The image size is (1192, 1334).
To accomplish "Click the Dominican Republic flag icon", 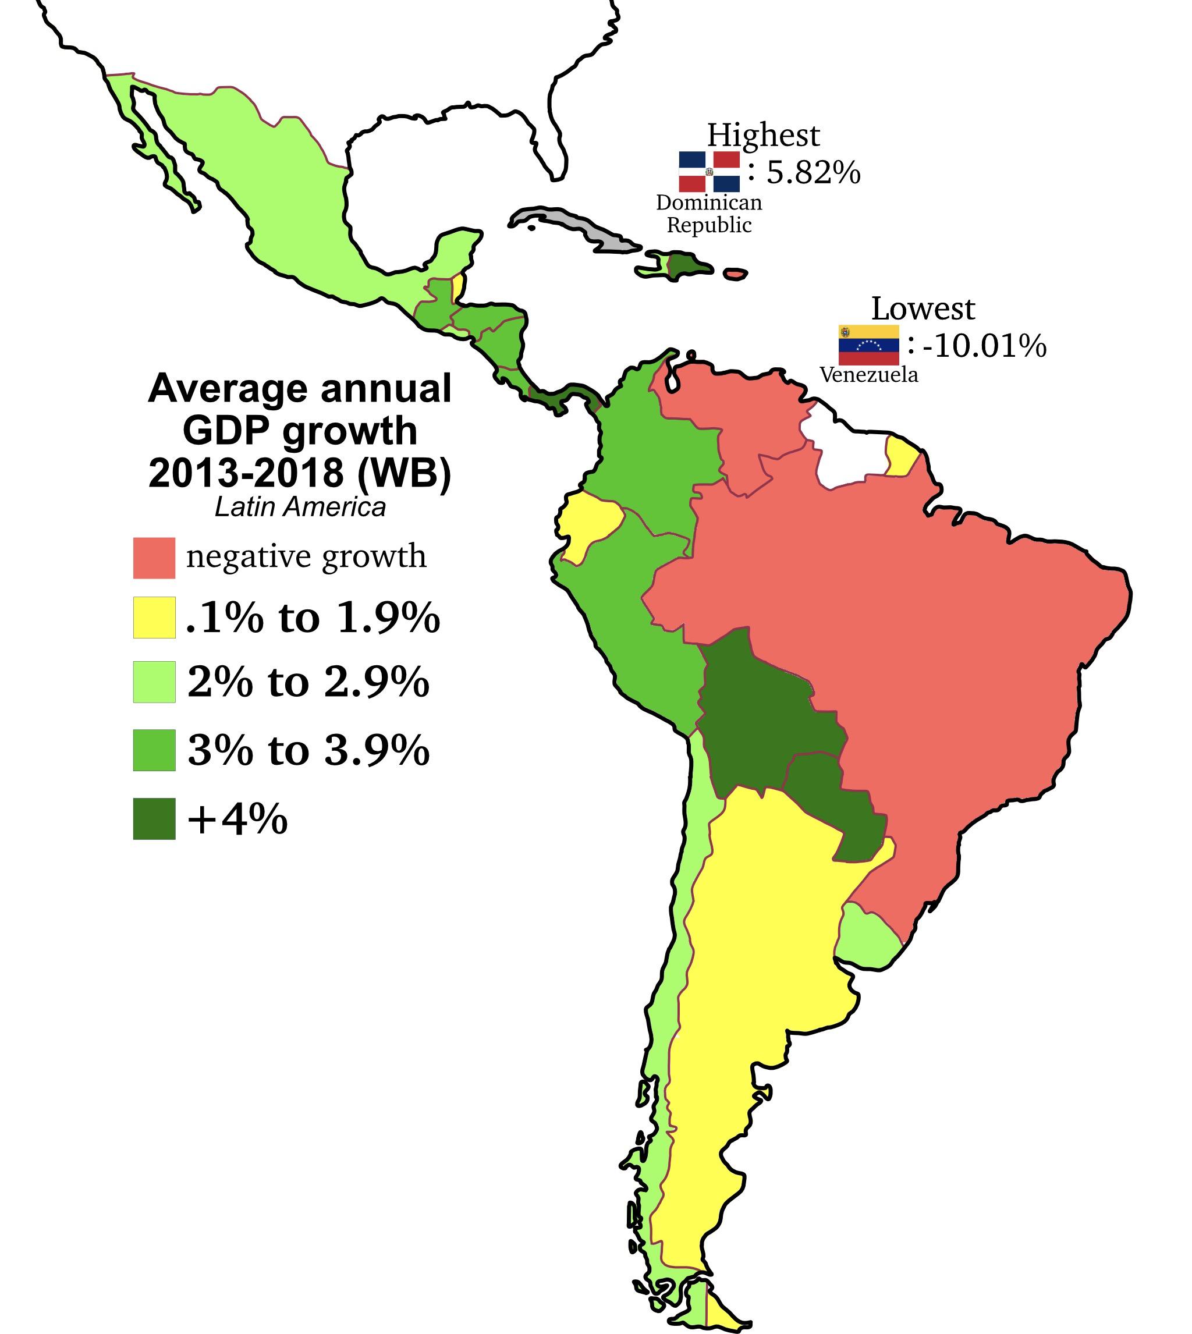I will point(709,172).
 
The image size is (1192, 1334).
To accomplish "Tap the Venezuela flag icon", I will point(868,345).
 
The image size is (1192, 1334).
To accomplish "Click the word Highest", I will point(763,136).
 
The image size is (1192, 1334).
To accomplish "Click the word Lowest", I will point(923,308).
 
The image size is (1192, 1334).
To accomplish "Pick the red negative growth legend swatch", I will point(154,558).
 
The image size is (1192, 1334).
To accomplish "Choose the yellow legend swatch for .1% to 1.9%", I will point(154,618).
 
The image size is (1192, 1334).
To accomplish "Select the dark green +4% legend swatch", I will point(154,818).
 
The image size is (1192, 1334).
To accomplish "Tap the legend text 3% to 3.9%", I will point(308,750).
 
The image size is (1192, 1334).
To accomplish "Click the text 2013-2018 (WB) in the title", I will point(300,473).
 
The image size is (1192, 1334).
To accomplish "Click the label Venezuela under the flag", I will point(868,375).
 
